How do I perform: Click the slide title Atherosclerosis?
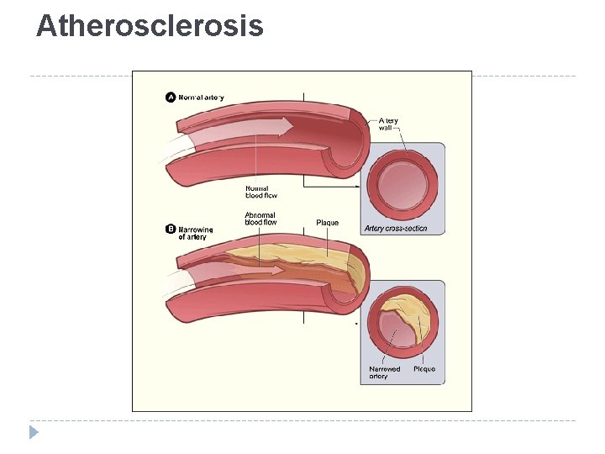coord(150,26)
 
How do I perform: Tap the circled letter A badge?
coord(171,98)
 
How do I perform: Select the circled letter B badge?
coord(171,228)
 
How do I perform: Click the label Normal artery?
coord(201,98)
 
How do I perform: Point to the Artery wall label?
coord(388,124)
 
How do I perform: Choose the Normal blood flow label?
coord(260,192)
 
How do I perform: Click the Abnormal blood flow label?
coord(260,219)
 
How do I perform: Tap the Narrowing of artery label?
coord(195,233)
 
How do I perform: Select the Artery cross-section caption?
coord(396,229)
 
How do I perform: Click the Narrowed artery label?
coord(385,372)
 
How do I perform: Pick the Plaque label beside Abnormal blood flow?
coord(327,223)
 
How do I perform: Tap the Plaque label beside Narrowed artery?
coord(424,369)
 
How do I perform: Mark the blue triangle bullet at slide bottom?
coord(33,433)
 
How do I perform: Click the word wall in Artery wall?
coord(386,129)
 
